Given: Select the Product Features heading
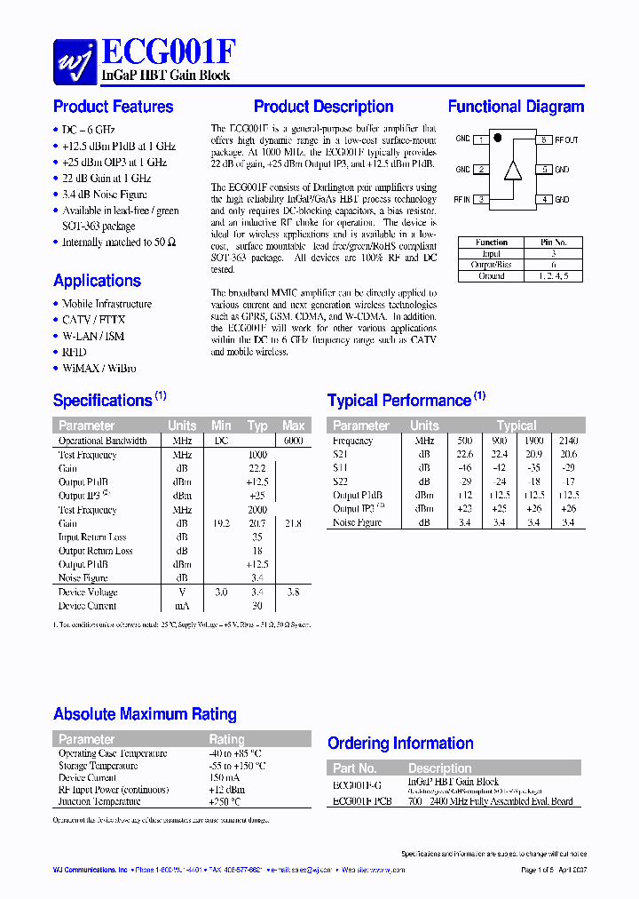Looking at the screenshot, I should (114, 107).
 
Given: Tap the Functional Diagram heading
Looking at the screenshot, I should (516, 107).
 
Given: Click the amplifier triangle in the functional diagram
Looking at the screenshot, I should (512, 170).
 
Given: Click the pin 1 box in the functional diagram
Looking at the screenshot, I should (481, 139).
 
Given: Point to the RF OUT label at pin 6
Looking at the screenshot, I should (566, 140).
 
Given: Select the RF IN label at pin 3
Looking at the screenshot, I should (461, 200).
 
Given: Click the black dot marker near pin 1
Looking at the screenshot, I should (498, 139).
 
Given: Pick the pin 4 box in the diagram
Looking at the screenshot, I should (544, 200).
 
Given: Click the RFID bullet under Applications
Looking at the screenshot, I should (75, 352).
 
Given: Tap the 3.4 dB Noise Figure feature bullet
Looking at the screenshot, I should (105, 194).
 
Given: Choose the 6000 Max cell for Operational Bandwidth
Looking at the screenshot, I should (293, 441).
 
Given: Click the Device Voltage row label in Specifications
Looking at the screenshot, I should (87, 592).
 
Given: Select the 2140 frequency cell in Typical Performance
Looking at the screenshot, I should (569, 441).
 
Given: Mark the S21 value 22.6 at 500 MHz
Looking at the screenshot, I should (464, 454).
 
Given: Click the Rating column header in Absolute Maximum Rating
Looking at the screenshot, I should (226, 739).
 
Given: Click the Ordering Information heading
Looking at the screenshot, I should (400, 744).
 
